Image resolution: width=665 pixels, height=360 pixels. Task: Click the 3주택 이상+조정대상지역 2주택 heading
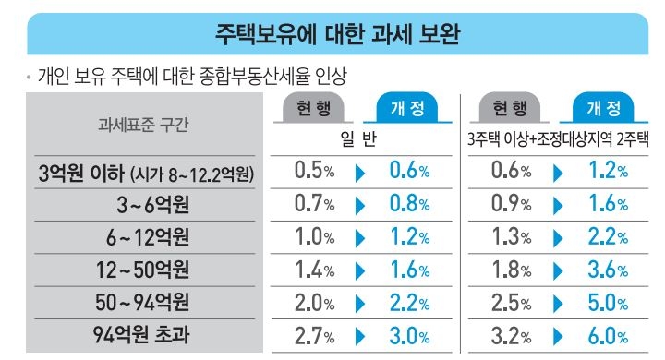coord(558,140)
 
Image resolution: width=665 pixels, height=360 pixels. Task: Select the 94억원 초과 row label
coord(140,333)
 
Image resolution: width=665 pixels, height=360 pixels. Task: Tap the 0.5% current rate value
coord(314,172)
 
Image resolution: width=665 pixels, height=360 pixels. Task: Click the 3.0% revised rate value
coord(406,333)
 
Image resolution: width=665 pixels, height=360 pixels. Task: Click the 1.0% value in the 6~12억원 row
coord(314,236)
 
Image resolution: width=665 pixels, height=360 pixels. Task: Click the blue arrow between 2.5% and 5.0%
coord(557,301)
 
